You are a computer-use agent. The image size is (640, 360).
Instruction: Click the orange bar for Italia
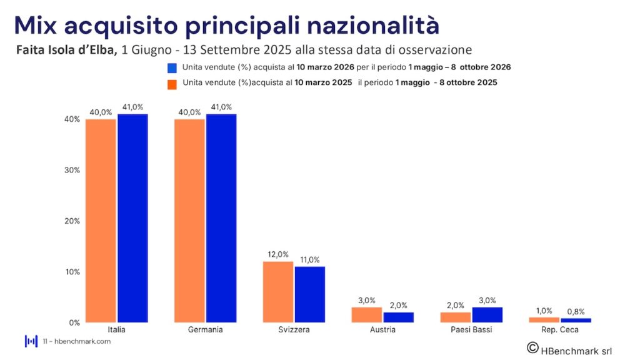point(101,221)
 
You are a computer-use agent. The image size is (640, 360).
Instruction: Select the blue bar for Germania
point(221,218)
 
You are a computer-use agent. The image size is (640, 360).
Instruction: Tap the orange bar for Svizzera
point(278,292)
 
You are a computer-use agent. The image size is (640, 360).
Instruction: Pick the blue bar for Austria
point(399,317)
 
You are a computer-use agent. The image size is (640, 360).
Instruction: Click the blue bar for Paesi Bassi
point(487,315)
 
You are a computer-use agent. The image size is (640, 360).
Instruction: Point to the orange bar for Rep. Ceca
point(544,320)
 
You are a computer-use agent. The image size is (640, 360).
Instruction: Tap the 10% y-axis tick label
point(72,272)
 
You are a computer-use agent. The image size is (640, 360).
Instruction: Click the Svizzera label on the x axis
point(294,329)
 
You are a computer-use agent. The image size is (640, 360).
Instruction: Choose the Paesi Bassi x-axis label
point(472,329)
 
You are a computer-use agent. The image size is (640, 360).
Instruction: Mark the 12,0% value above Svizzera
point(278,254)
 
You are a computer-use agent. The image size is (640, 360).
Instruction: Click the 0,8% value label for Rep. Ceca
point(576,311)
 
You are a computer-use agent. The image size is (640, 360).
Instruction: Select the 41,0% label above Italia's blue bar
point(133,107)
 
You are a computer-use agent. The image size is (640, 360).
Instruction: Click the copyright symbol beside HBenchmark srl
point(532,347)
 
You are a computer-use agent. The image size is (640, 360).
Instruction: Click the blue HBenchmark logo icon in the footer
point(31,341)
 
